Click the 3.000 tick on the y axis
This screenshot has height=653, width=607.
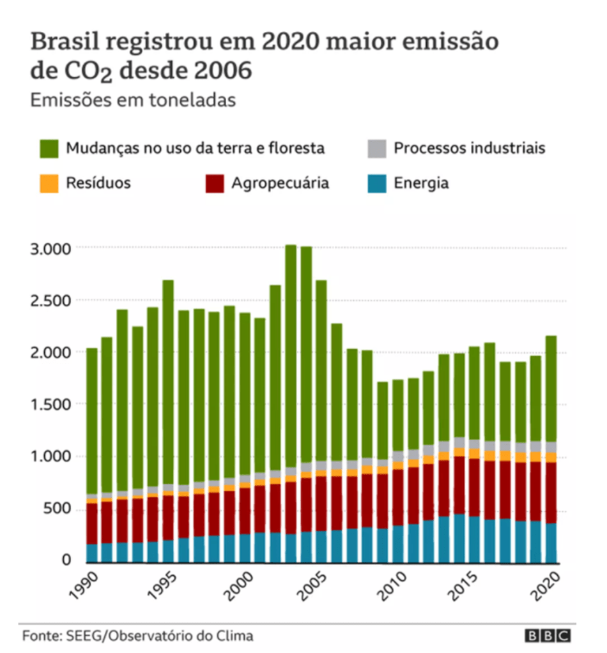52,248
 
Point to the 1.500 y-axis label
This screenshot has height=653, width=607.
52,404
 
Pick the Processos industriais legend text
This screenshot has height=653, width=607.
469,149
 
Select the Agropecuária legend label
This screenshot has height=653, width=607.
280,183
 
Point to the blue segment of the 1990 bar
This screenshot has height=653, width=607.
92,553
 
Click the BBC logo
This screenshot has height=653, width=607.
548,636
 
